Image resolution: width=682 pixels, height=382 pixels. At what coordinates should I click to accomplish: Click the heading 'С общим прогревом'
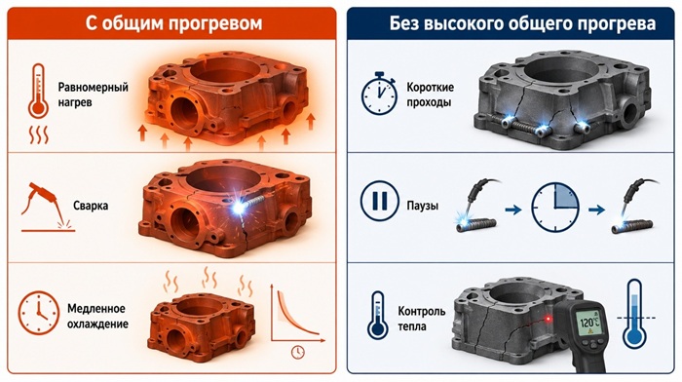(x=173, y=23)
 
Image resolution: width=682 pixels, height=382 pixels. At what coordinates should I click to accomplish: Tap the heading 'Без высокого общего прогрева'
(x=522, y=23)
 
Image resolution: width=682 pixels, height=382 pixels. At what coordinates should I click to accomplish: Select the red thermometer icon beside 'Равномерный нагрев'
(x=38, y=91)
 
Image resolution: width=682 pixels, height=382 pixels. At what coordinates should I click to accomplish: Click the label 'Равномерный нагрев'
(x=94, y=95)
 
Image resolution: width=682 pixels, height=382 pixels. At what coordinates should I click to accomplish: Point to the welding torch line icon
(x=47, y=207)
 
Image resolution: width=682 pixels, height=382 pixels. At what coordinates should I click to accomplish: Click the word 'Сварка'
(x=91, y=206)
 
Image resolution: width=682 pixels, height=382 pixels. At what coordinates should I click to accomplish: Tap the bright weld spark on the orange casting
(x=239, y=208)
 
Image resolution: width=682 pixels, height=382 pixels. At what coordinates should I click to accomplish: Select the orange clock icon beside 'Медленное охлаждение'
(x=39, y=313)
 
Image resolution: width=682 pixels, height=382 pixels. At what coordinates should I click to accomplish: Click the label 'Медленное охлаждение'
(x=97, y=317)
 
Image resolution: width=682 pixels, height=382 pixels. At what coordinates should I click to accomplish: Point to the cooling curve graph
(x=296, y=313)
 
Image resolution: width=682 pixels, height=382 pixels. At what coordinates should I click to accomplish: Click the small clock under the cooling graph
(x=297, y=352)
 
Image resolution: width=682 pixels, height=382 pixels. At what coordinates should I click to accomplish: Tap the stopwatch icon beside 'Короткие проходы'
(x=379, y=94)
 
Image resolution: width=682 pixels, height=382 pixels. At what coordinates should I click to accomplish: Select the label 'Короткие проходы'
(x=431, y=95)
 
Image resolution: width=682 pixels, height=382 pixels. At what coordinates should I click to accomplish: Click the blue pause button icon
(x=379, y=201)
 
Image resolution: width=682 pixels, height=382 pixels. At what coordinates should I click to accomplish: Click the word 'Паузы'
(x=422, y=206)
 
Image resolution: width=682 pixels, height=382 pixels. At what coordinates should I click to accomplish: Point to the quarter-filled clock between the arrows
(x=555, y=208)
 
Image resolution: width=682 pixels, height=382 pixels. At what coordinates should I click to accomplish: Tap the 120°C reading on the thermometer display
(x=590, y=323)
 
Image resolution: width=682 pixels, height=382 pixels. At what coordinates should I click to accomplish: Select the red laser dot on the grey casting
(x=548, y=319)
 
